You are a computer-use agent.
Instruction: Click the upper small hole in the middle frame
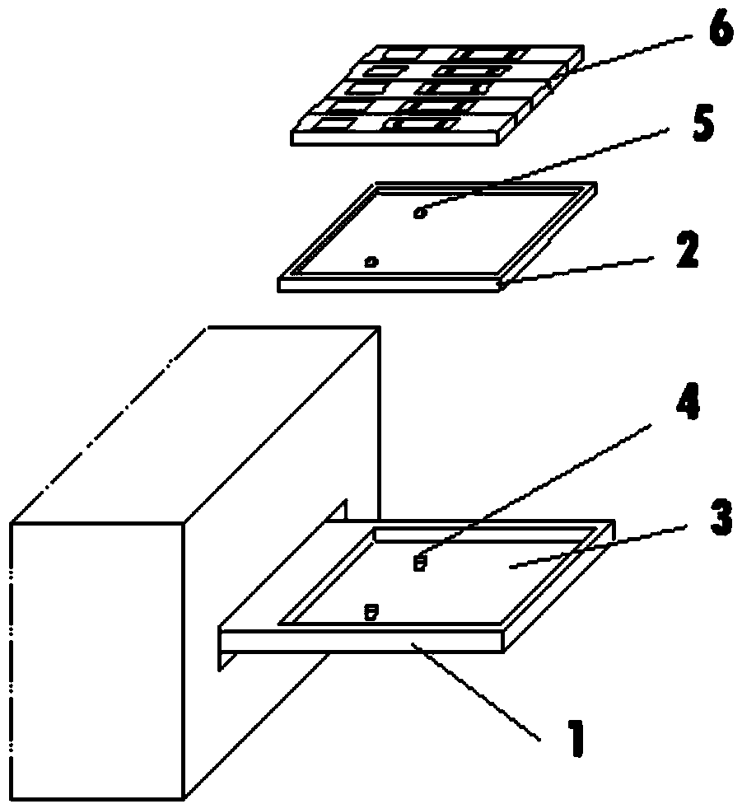(420, 214)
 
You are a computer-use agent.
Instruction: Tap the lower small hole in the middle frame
(371, 262)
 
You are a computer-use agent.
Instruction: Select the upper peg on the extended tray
(420, 563)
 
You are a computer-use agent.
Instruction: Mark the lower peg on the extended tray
(371, 612)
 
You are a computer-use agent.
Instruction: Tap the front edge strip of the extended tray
(362, 641)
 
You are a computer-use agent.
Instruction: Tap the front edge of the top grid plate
(395, 138)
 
